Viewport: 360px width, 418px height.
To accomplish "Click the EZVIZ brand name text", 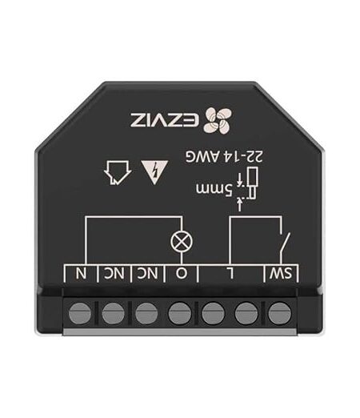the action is tap(165, 120).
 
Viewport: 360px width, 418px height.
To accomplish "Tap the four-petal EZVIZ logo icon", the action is tap(218, 120).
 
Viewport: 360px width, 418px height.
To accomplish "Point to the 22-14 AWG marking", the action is tap(225, 157).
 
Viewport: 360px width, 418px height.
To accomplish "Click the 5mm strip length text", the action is tap(214, 189).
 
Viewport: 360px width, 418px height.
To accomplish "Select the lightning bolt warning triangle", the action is tap(154, 171).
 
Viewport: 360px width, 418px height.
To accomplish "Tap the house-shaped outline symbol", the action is tap(118, 172).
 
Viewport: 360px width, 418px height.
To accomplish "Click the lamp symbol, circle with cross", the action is tap(182, 241).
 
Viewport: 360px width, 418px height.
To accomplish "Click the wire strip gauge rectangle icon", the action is tap(252, 183).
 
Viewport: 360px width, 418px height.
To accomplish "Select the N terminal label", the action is tap(81, 273).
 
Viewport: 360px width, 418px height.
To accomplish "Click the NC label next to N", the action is tap(114, 273).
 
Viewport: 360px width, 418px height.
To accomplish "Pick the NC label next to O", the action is tap(147, 273).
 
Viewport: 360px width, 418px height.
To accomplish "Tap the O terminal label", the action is tap(182, 273).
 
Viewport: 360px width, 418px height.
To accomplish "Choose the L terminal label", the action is tap(230, 273).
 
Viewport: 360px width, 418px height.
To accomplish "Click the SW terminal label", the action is tap(281, 273).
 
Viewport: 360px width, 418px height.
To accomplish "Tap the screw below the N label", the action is tap(80, 313).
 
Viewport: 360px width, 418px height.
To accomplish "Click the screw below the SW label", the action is tap(279, 313).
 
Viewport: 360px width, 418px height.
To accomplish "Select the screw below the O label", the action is tap(180, 313).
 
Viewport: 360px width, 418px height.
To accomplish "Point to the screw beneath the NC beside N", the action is tap(113, 313).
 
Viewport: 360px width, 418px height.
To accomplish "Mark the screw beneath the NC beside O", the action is tap(146, 313).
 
